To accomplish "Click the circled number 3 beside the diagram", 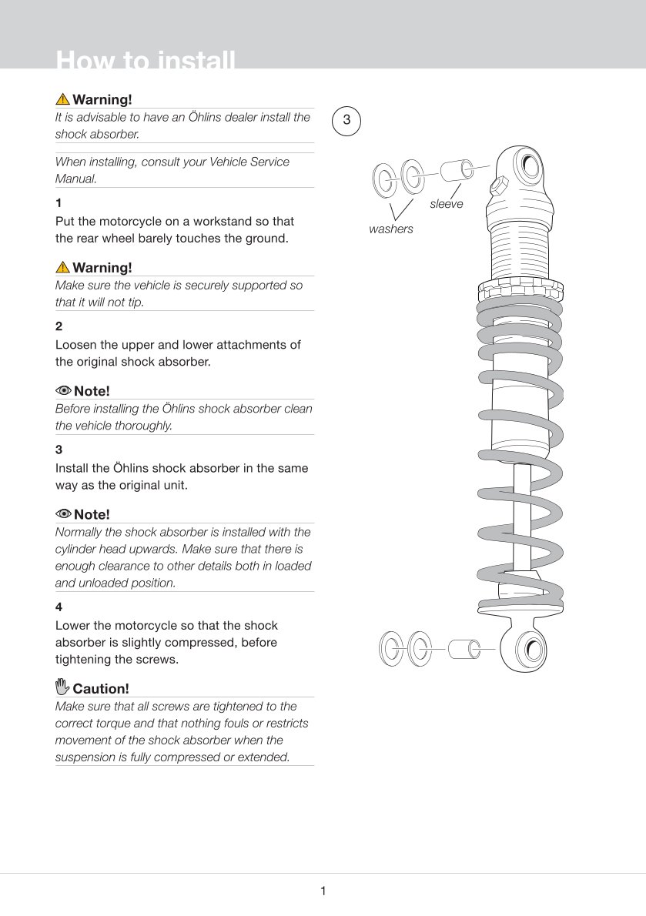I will (x=346, y=120).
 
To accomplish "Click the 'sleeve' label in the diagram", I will (x=447, y=204).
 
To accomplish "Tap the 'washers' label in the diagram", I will (x=390, y=229).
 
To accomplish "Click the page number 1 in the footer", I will (x=323, y=891).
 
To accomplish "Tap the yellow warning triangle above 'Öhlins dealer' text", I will (x=62, y=99).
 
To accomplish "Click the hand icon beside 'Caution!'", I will (x=62, y=687).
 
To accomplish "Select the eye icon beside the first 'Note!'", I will (x=63, y=390).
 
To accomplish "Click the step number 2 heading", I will (x=59, y=326).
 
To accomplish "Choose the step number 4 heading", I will (x=59, y=607).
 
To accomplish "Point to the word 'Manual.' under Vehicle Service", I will (x=75, y=179).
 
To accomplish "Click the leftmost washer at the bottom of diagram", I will (x=390, y=649).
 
